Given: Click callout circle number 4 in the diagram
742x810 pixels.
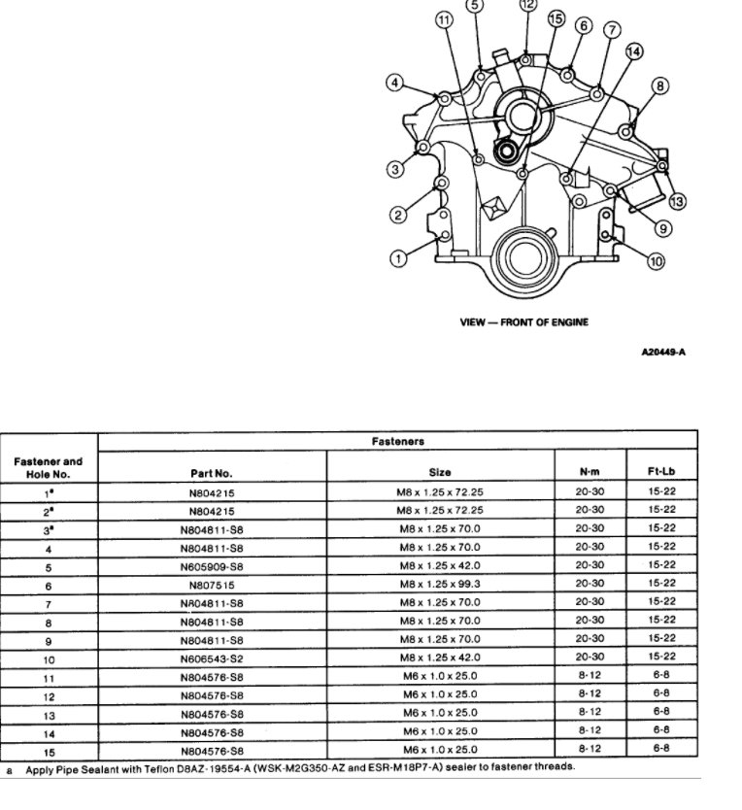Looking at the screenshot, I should [395, 83].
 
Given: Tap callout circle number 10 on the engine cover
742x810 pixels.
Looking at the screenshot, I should [656, 260].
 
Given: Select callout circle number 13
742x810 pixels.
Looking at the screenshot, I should [676, 201].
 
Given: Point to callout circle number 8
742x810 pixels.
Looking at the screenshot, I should [659, 86].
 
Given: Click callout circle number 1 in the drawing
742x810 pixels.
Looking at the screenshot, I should [398, 257].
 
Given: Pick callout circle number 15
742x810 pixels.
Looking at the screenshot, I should [556, 18].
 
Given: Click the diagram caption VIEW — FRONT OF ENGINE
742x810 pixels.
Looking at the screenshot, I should [524, 321].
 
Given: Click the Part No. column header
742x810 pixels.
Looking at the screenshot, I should [211, 473].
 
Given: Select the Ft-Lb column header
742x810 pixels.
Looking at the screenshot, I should [661, 473].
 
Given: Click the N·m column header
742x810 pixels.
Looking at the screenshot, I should [590, 473].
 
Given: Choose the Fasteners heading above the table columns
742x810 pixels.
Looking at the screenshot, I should [397, 441].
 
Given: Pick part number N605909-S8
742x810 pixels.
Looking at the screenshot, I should [211, 567].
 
